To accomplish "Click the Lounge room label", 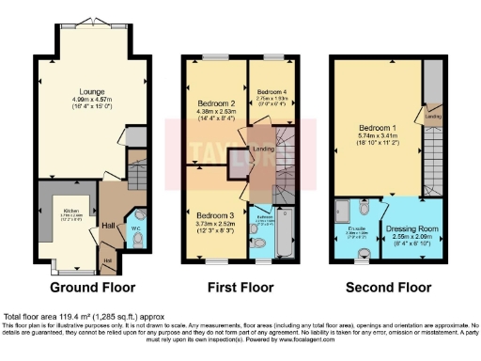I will (92, 91).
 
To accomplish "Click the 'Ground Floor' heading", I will (92, 287).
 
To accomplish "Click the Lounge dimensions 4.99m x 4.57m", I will (92, 100).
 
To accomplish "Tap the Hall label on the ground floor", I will (108, 226).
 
